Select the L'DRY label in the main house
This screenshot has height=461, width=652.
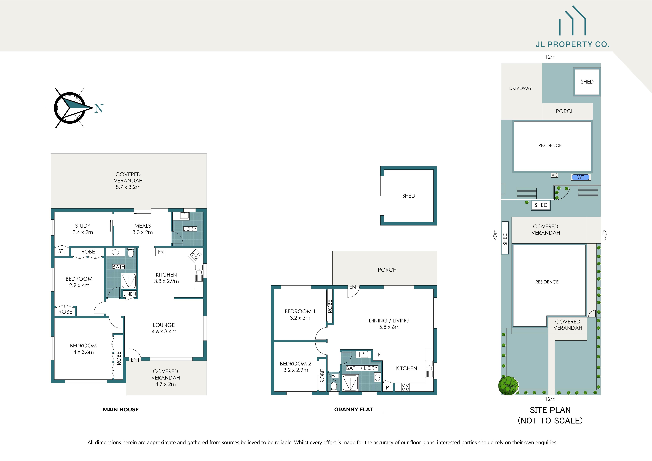point(190,229)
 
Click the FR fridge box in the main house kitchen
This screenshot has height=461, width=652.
point(161,252)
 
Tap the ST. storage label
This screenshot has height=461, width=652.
point(61,251)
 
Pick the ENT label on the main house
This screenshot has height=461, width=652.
point(135,360)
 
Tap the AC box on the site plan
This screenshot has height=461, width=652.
point(554,175)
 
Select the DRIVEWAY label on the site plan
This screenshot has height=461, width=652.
point(520,88)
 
